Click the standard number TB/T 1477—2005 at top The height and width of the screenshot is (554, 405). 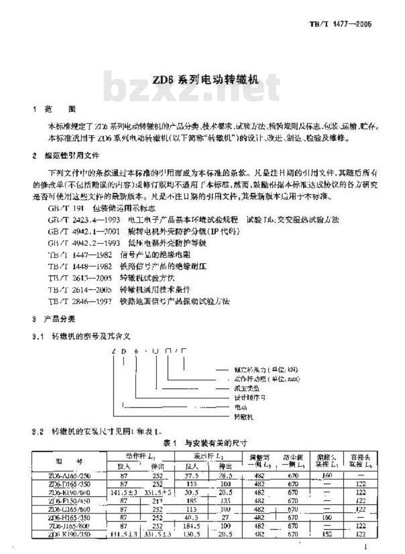click(x=340, y=24)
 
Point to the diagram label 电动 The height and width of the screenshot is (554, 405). click(x=239, y=407)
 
